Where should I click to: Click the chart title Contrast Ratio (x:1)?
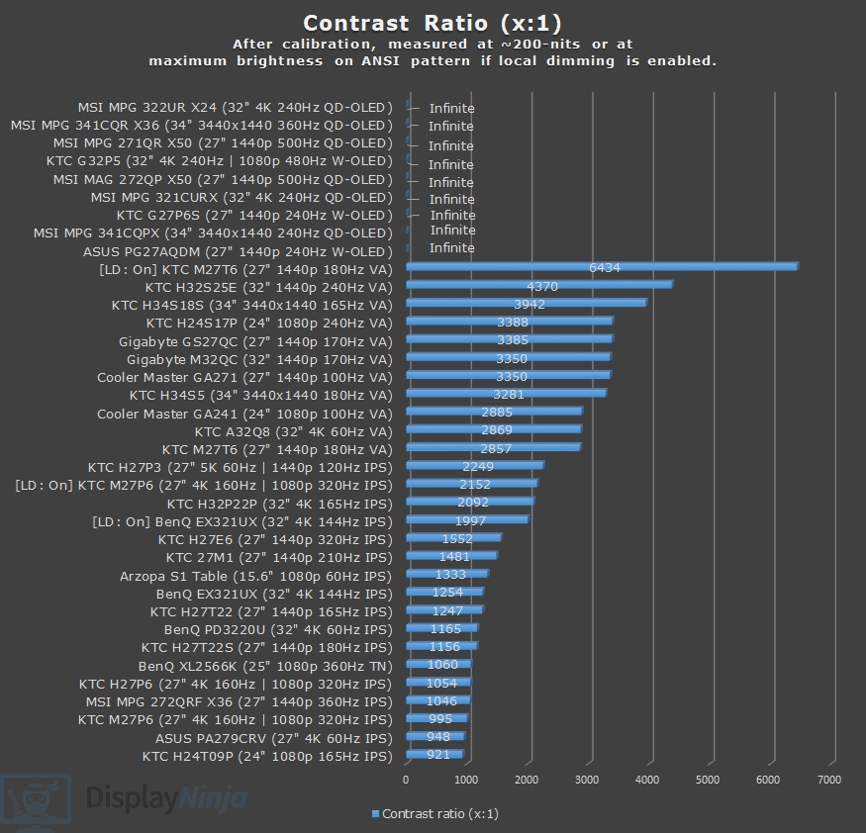[x=433, y=22]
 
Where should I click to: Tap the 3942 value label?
[x=529, y=304]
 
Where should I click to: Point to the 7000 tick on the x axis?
[x=829, y=781]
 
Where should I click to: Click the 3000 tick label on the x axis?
[x=588, y=781]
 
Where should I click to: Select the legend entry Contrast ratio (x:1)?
[x=434, y=814]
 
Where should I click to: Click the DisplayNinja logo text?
[x=166, y=797]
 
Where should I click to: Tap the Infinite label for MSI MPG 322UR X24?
[x=451, y=109]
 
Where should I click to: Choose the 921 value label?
[x=438, y=756]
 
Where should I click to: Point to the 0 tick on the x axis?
[x=406, y=781]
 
